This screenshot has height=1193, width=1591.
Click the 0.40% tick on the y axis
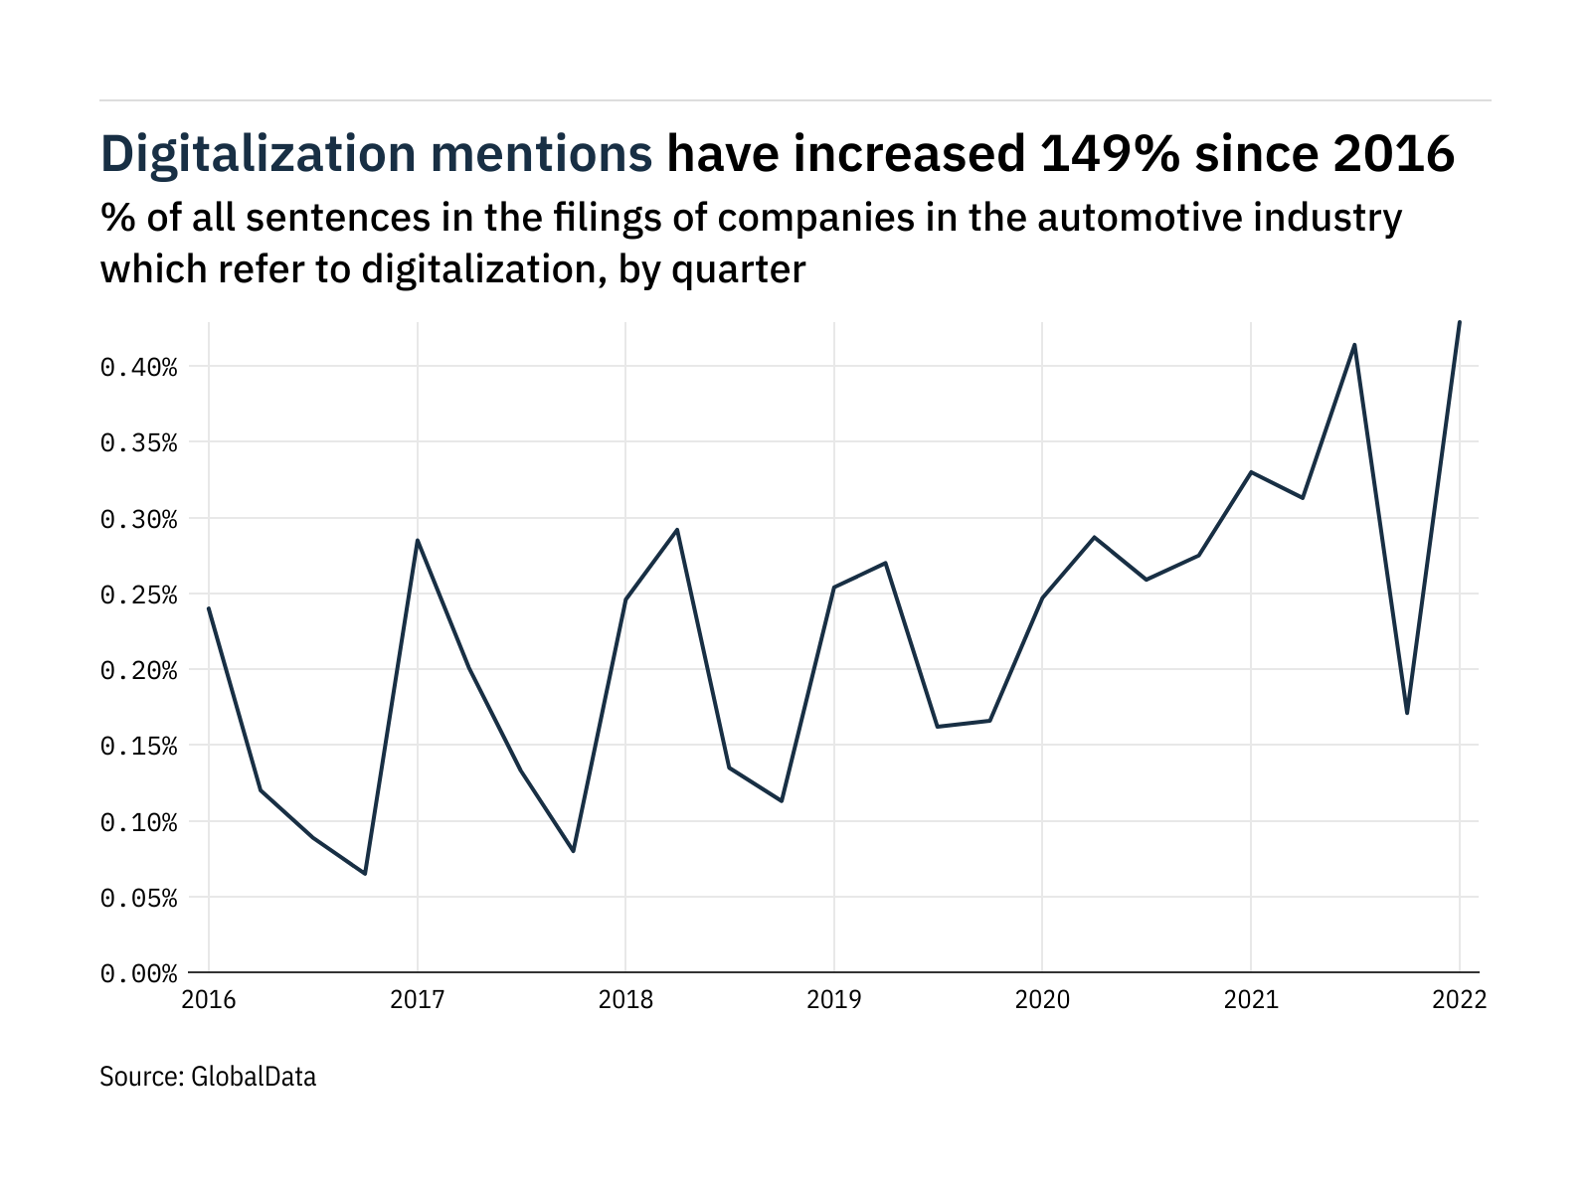[138, 368]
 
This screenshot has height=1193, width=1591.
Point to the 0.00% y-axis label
[138, 974]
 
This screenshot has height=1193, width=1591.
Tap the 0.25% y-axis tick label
[138, 596]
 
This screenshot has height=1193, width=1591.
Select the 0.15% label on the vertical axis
[138, 747]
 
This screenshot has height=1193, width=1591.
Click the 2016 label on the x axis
[209, 999]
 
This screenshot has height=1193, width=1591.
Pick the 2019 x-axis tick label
[833, 999]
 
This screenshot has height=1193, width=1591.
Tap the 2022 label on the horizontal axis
[1459, 999]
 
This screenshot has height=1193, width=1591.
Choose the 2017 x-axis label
[417, 999]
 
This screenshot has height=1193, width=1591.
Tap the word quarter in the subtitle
[738, 269]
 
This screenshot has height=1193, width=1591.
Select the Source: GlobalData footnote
[208, 1077]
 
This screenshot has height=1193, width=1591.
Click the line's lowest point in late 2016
[365, 874]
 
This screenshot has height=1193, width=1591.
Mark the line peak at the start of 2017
[418, 540]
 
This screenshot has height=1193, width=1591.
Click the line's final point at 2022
[1459, 322]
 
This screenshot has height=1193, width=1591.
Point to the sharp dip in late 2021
[1407, 713]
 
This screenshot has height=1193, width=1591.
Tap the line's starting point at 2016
[209, 607]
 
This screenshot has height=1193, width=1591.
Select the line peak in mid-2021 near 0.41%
[1354, 345]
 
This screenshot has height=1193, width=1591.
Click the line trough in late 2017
[574, 851]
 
